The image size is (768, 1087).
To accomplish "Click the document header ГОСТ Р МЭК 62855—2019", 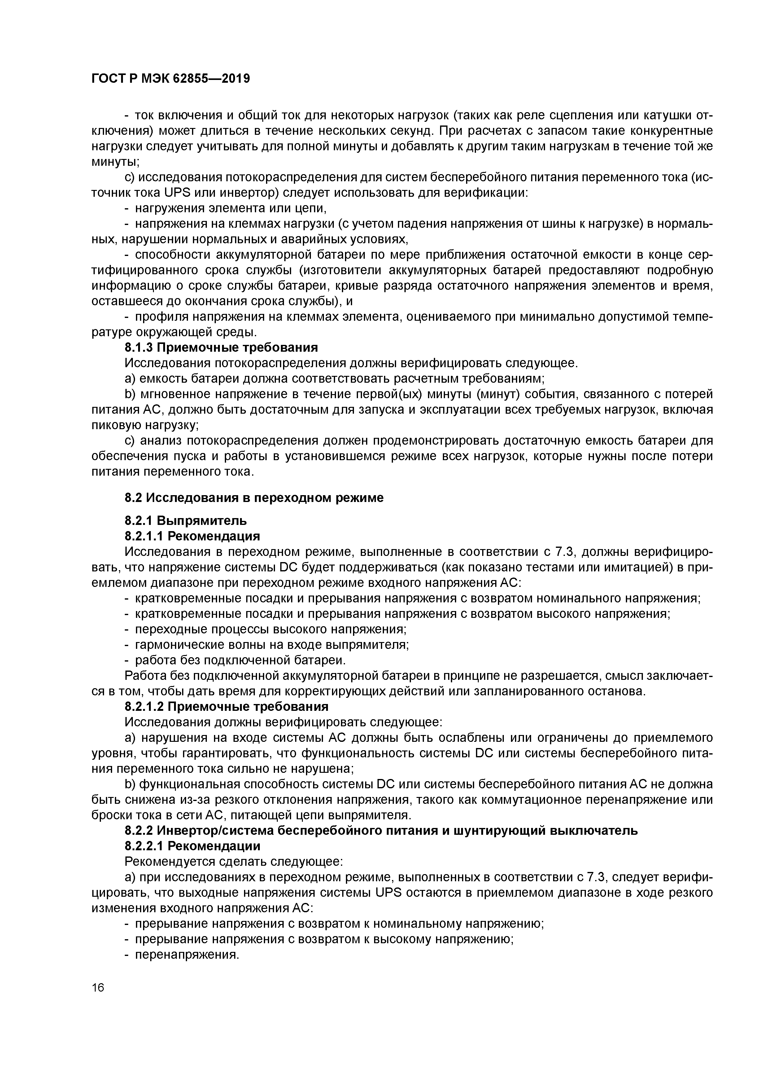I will click(x=170, y=79).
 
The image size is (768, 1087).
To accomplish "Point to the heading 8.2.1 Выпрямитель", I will click(x=185, y=521).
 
